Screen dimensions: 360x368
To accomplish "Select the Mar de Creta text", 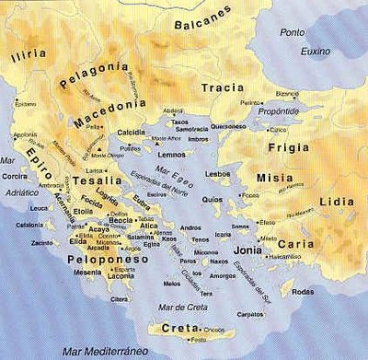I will coord(185,294).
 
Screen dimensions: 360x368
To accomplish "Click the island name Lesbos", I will coord(218,173).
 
